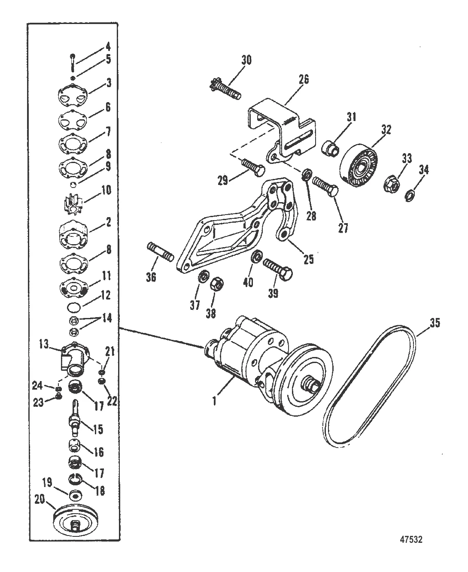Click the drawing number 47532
click(411, 539)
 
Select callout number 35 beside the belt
click(435, 323)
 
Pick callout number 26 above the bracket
click(304, 79)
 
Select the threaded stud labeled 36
click(160, 252)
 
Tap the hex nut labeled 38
click(217, 284)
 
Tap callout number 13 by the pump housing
click(43, 345)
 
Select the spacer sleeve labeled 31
click(330, 148)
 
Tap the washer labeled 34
click(409, 197)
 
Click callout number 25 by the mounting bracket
click(308, 260)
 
